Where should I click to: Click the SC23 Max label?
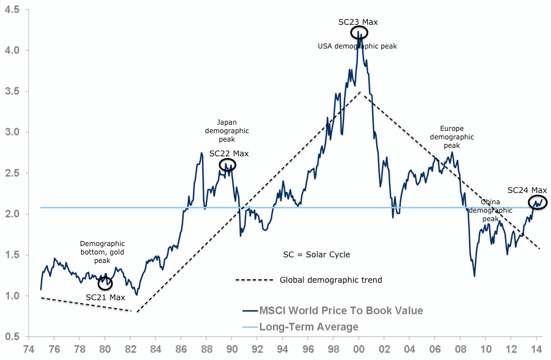click(x=358, y=22)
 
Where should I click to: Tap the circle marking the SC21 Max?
click(x=105, y=283)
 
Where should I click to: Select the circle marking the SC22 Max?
click(x=227, y=165)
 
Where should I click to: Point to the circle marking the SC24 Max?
click(x=537, y=202)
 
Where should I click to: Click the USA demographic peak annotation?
click(x=358, y=46)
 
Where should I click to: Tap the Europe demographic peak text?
click(x=452, y=137)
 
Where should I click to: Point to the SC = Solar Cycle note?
click(x=316, y=254)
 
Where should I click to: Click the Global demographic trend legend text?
click(x=331, y=280)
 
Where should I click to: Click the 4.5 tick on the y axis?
click(x=12, y=10)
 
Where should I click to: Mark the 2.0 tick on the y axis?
click(x=12, y=214)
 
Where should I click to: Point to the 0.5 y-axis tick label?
click(x=12, y=337)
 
